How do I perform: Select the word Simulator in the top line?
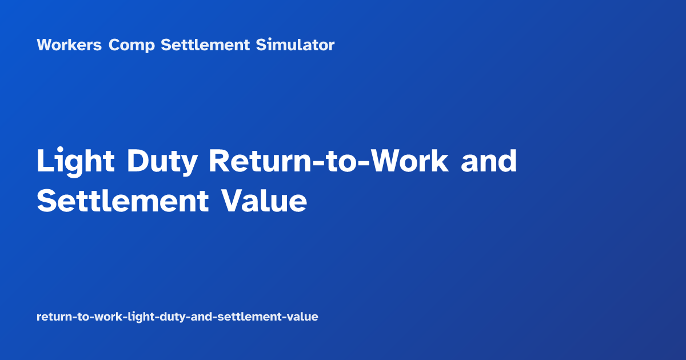click(x=295, y=45)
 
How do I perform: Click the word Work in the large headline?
click(x=409, y=162)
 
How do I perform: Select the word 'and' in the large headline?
click(x=489, y=162)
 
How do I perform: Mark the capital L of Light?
click(x=43, y=162)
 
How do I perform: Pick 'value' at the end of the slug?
click(x=303, y=317)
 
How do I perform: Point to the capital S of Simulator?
click(x=260, y=45)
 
